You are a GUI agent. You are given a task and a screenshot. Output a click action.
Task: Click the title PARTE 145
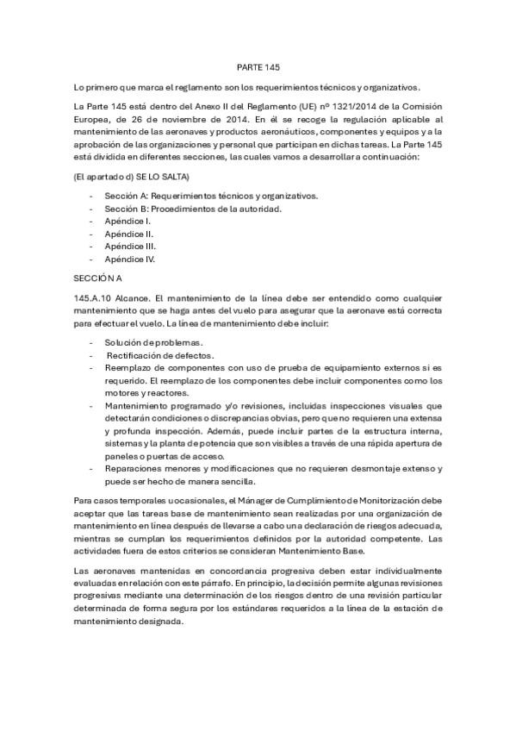point(258,66)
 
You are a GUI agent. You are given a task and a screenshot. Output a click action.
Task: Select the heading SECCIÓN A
point(97,278)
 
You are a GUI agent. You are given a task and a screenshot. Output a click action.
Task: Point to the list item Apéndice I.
point(128,221)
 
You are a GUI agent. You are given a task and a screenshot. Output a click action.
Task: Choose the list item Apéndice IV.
point(130,258)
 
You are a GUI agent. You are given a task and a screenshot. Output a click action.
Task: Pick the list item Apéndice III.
point(130,246)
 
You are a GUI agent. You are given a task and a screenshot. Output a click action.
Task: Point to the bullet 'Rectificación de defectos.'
point(147,355)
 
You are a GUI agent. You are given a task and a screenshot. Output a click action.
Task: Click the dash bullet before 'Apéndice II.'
point(91,234)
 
